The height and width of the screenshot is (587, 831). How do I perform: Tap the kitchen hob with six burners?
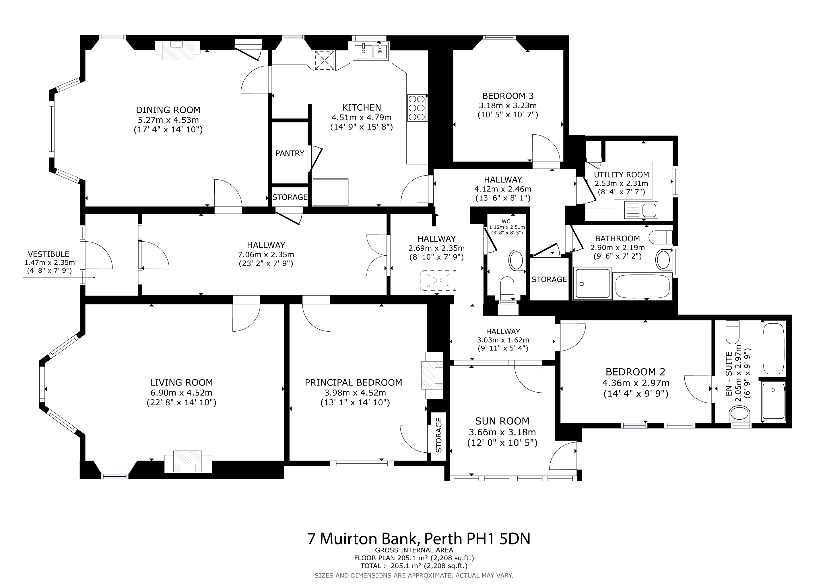pyautogui.click(x=417, y=108)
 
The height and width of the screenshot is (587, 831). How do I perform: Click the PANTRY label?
pyautogui.click(x=290, y=153)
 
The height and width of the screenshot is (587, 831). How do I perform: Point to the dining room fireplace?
pyautogui.click(x=177, y=50)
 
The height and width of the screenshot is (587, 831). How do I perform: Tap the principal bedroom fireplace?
pyautogui.click(x=432, y=375)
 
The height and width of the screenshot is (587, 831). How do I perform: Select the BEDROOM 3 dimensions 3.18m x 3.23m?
pyautogui.click(x=507, y=106)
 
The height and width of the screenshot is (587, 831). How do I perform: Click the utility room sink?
pyautogui.click(x=641, y=210)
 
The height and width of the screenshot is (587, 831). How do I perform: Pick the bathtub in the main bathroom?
pyautogui.click(x=642, y=286)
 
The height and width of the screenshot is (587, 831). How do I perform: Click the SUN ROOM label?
pyautogui.click(x=502, y=421)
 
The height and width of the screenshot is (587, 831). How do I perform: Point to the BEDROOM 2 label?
pyautogui.click(x=636, y=372)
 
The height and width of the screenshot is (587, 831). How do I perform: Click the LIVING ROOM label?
pyautogui.click(x=181, y=382)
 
